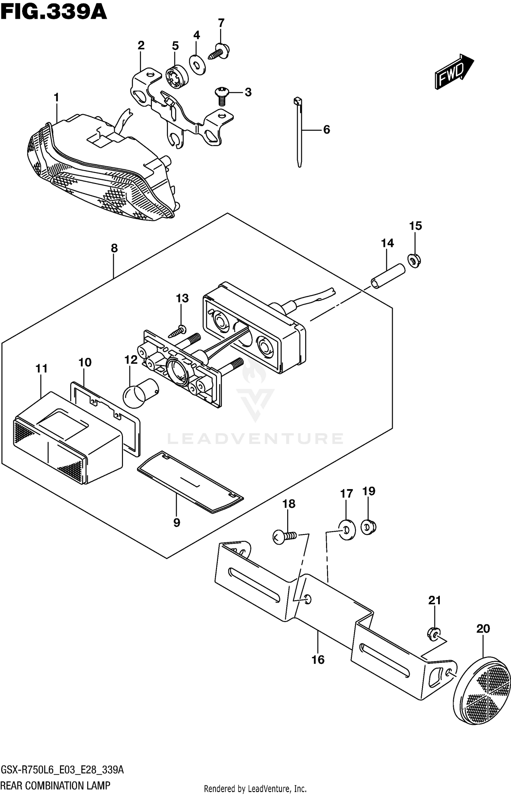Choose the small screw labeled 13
179,330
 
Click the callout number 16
318,659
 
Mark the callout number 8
114,248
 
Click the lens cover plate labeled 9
191,482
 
